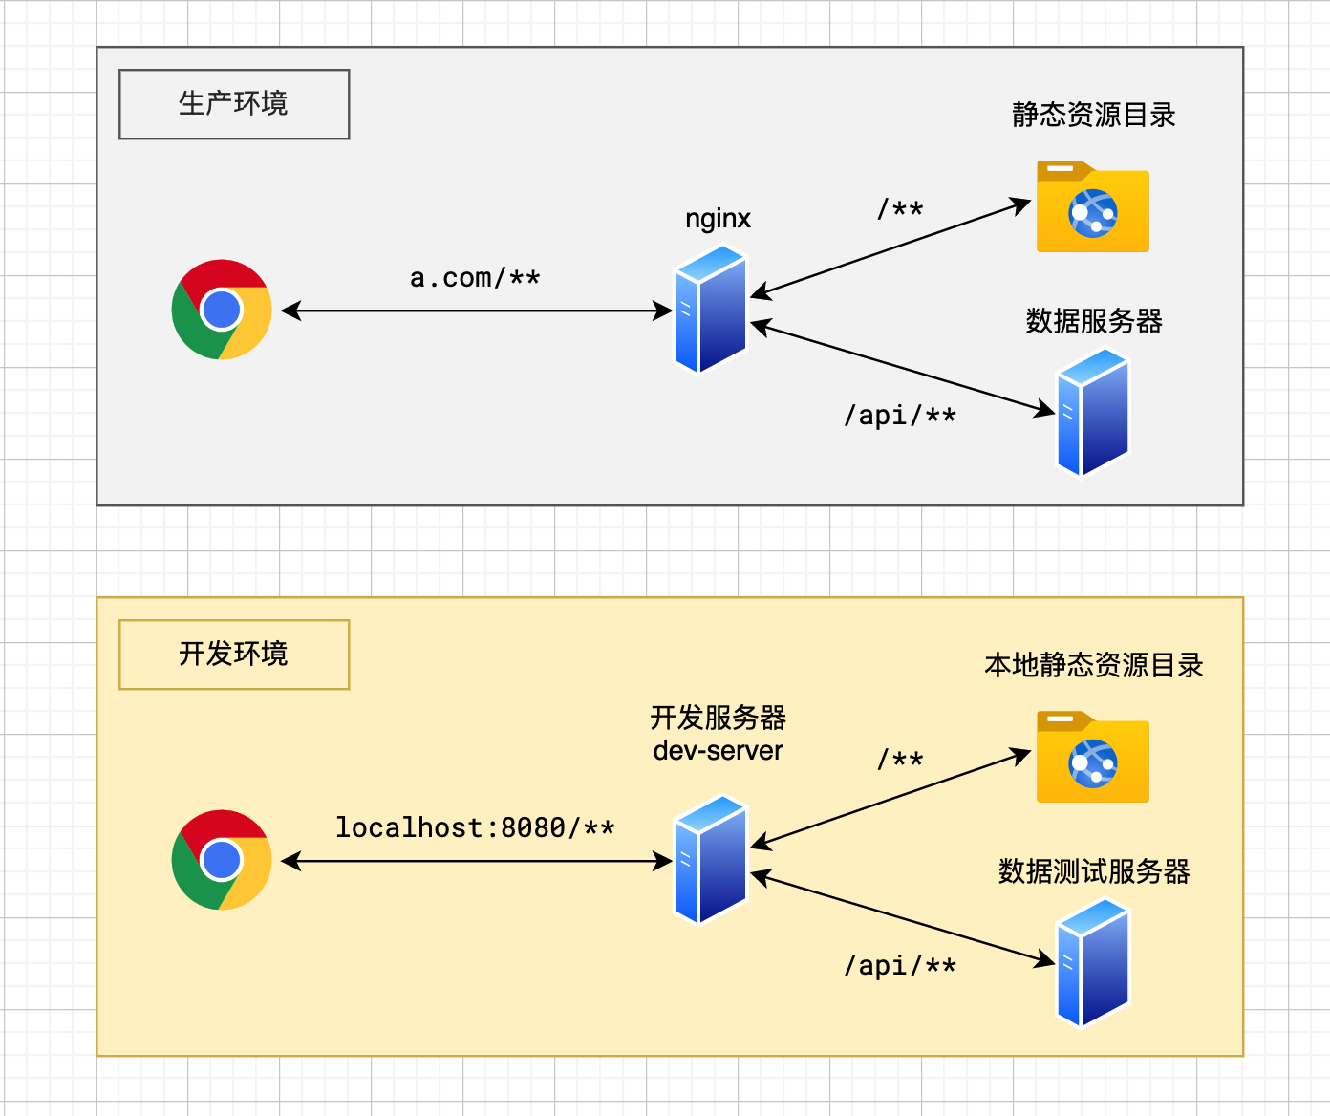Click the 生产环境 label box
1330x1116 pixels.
(234, 104)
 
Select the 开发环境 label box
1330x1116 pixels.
(234, 655)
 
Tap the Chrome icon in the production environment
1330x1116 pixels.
(222, 310)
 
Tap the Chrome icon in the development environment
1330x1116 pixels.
(222, 860)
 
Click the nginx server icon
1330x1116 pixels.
(711, 310)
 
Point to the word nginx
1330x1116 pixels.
(718, 219)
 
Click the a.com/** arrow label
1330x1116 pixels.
(475, 278)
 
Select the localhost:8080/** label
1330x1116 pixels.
(475, 827)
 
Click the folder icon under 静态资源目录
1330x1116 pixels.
(1093, 207)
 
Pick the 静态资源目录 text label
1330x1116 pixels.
(1093, 116)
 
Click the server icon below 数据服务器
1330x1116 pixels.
(1093, 412)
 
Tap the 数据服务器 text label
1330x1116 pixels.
(1093, 321)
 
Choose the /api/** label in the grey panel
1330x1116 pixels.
(900, 416)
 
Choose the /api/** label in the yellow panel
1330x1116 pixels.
(900, 966)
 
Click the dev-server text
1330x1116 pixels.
(718, 751)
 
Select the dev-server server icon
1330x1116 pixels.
(711, 860)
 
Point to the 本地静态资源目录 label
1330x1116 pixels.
(1093, 665)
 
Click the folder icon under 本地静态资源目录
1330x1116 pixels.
(1093, 758)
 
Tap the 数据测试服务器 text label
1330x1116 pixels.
(1093, 871)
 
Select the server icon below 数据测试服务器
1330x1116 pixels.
(1093, 962)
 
